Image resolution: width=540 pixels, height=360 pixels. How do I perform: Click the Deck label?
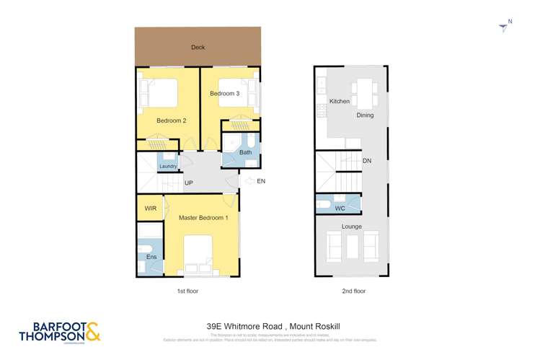click(198, 48)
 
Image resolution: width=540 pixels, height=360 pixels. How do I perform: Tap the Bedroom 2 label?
click(172, 120)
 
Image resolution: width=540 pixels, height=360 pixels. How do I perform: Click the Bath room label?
click(245, 152)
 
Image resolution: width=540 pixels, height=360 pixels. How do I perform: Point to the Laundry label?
click(168, 167)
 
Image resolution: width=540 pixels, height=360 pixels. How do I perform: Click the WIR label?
click(150, 208)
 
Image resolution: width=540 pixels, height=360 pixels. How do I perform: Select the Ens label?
click(151, 258)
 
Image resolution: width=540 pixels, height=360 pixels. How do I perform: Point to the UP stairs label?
click(190, 183)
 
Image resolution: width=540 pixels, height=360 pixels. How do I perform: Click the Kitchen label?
click(340, 101)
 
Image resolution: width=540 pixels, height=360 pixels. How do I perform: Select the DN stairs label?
click(367, 161)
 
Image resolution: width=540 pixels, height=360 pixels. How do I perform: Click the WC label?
click(340, 208)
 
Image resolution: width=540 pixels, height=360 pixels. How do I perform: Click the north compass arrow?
click(503, 27)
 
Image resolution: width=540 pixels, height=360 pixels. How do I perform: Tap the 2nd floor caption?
click(354, 291)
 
